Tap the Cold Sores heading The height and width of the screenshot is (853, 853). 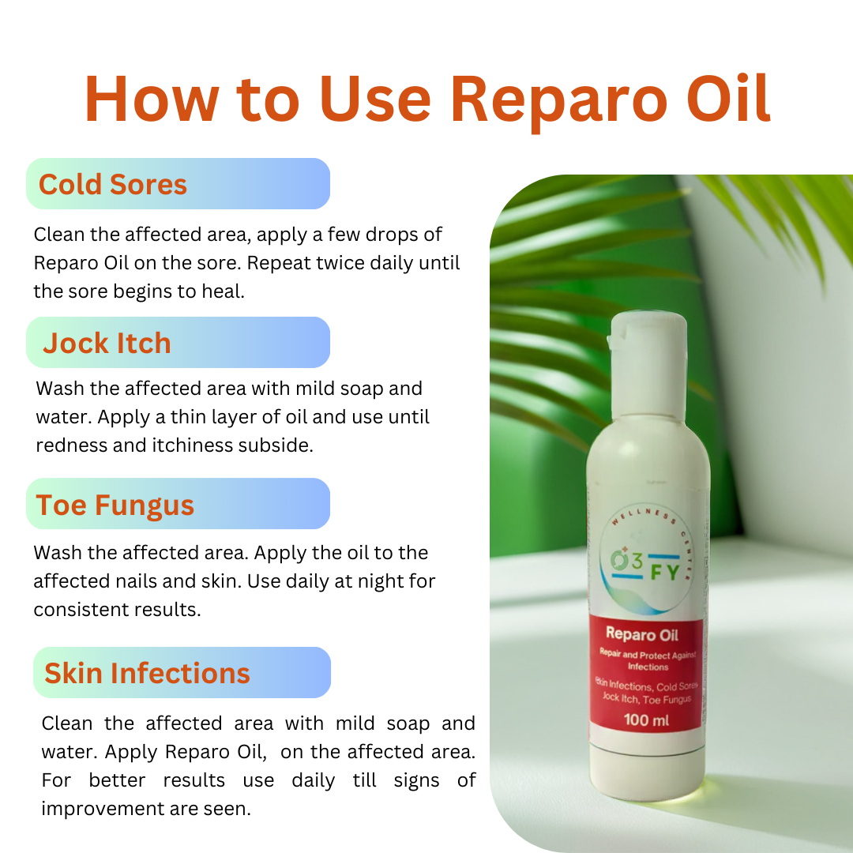pyautogui.click(x=113, y=184)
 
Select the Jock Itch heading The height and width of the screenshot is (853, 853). pyautogui.click(x=107, y=344)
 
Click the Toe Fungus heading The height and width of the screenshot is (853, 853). pyautogui.click(x=115, y=505)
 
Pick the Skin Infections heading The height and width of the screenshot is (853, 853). pyautogui.click(x=147, y=673)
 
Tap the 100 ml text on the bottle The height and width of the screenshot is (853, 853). pyautogui.click(x=646, y=720)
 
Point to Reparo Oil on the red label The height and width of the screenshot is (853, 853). pyautogui.click(x=642, y=634)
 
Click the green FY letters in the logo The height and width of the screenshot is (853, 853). pyautogui.click(x=665, y=573)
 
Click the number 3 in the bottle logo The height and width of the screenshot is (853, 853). pyautogui.click(x=637, y=560)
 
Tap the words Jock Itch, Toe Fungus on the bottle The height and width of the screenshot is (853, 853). pyautogui.click(x=647, y=698)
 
